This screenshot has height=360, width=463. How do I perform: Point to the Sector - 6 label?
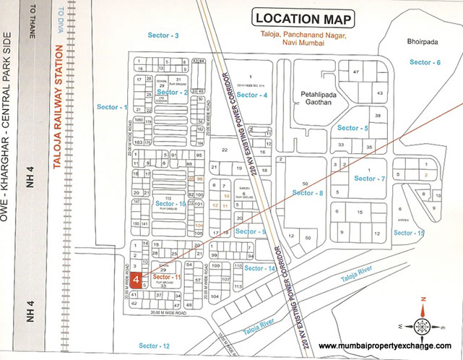tap(425, 63)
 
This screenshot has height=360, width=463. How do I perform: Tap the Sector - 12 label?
tap(155, 346)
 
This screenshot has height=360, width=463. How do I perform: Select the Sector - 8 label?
tap(308, 193)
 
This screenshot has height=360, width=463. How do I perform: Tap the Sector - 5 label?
tap(353, 128)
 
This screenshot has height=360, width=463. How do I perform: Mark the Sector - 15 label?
tap(409, 233)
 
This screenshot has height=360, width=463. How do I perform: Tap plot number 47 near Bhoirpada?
tap(355, 72)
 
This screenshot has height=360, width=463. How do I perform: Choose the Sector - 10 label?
tap(170, 205)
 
